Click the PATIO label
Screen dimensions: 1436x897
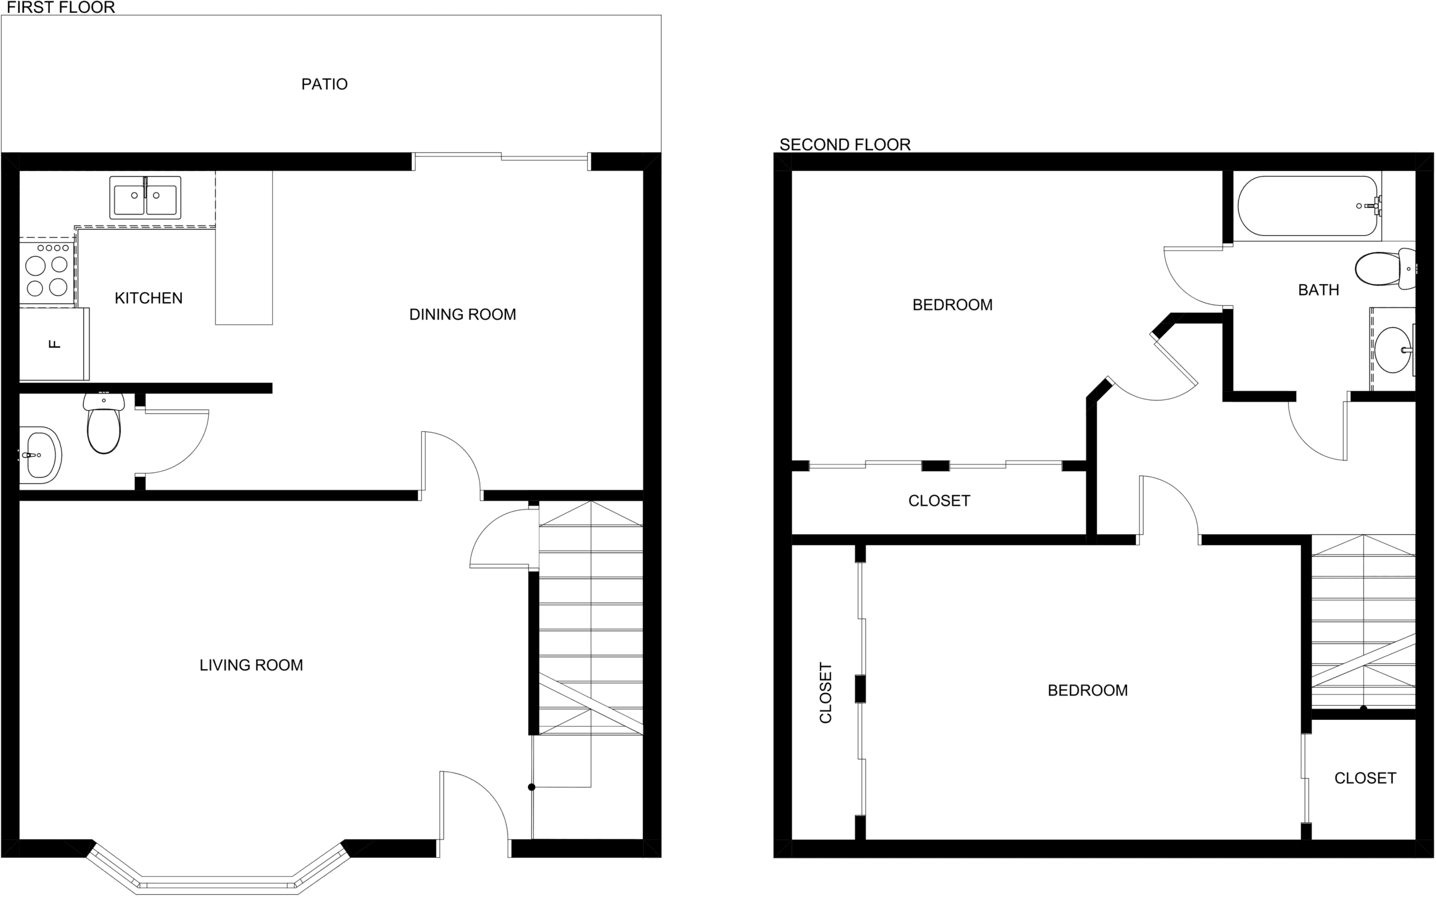[x=324, y=84]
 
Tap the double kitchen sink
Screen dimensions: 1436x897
[x=145, y=197]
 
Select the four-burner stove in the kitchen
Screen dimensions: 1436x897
[x=48, y=272]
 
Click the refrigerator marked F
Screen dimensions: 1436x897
[x=54, y=343]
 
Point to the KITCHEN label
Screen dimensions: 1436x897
[x=148, y=298]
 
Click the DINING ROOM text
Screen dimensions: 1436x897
[x=463, y=314]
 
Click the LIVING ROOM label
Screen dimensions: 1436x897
[x=251, y=665]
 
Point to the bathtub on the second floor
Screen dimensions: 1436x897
[x=1308, y=206]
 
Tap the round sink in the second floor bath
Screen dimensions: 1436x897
[x=1393, y=350]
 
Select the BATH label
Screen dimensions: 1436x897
[x=1319, y=290]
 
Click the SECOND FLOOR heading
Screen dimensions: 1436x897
[x=845, y=145]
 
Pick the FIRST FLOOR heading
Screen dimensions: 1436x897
[x=61, y=8]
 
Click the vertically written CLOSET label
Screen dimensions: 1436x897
[x=826, y=693]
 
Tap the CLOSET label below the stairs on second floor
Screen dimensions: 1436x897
[x=1365, y=778]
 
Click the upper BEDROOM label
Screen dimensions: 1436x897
[x=952, y=305]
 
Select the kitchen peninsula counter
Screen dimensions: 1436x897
[x=244, y=248]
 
